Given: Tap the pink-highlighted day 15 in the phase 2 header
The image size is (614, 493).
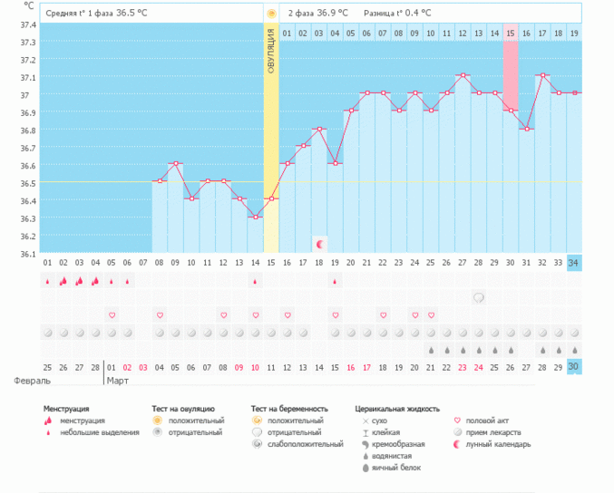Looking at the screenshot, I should [511, 34].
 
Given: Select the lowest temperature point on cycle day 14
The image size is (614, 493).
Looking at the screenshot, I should [256, 217].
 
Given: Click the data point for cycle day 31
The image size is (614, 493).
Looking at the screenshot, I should [527, 129].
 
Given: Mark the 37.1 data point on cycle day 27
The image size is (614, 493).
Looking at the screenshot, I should [463, 75].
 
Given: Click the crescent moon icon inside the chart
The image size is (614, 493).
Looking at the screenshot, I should [319, 244].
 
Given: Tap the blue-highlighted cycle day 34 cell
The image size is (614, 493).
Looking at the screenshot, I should [574, 263].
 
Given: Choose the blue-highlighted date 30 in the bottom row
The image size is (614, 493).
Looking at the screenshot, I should [574, 367].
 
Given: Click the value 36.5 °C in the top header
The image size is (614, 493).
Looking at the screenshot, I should [132, 14].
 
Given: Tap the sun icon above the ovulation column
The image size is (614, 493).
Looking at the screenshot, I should [271, 14].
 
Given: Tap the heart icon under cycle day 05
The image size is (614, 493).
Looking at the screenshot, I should [112, 315].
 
